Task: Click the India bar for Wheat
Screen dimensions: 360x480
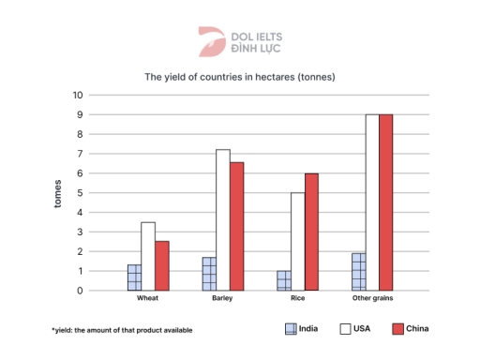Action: [134, 277]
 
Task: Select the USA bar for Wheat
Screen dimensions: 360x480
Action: [148, 256]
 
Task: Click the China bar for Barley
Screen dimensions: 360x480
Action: [237, 226]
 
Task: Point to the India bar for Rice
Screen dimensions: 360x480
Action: [284, 280]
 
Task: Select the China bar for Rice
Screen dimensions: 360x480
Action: [312, 232]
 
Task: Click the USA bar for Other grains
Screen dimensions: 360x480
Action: [372, 202]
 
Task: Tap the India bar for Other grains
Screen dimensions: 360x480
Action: [358, 272]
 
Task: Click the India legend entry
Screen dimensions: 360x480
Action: [299, 329]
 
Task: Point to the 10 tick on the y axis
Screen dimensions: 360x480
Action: [78, 95]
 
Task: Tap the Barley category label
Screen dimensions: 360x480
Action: [223, 299]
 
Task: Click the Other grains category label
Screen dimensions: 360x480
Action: [372, 299]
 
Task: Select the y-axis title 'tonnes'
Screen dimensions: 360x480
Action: [57, 192]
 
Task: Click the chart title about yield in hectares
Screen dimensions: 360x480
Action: [239, 76]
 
